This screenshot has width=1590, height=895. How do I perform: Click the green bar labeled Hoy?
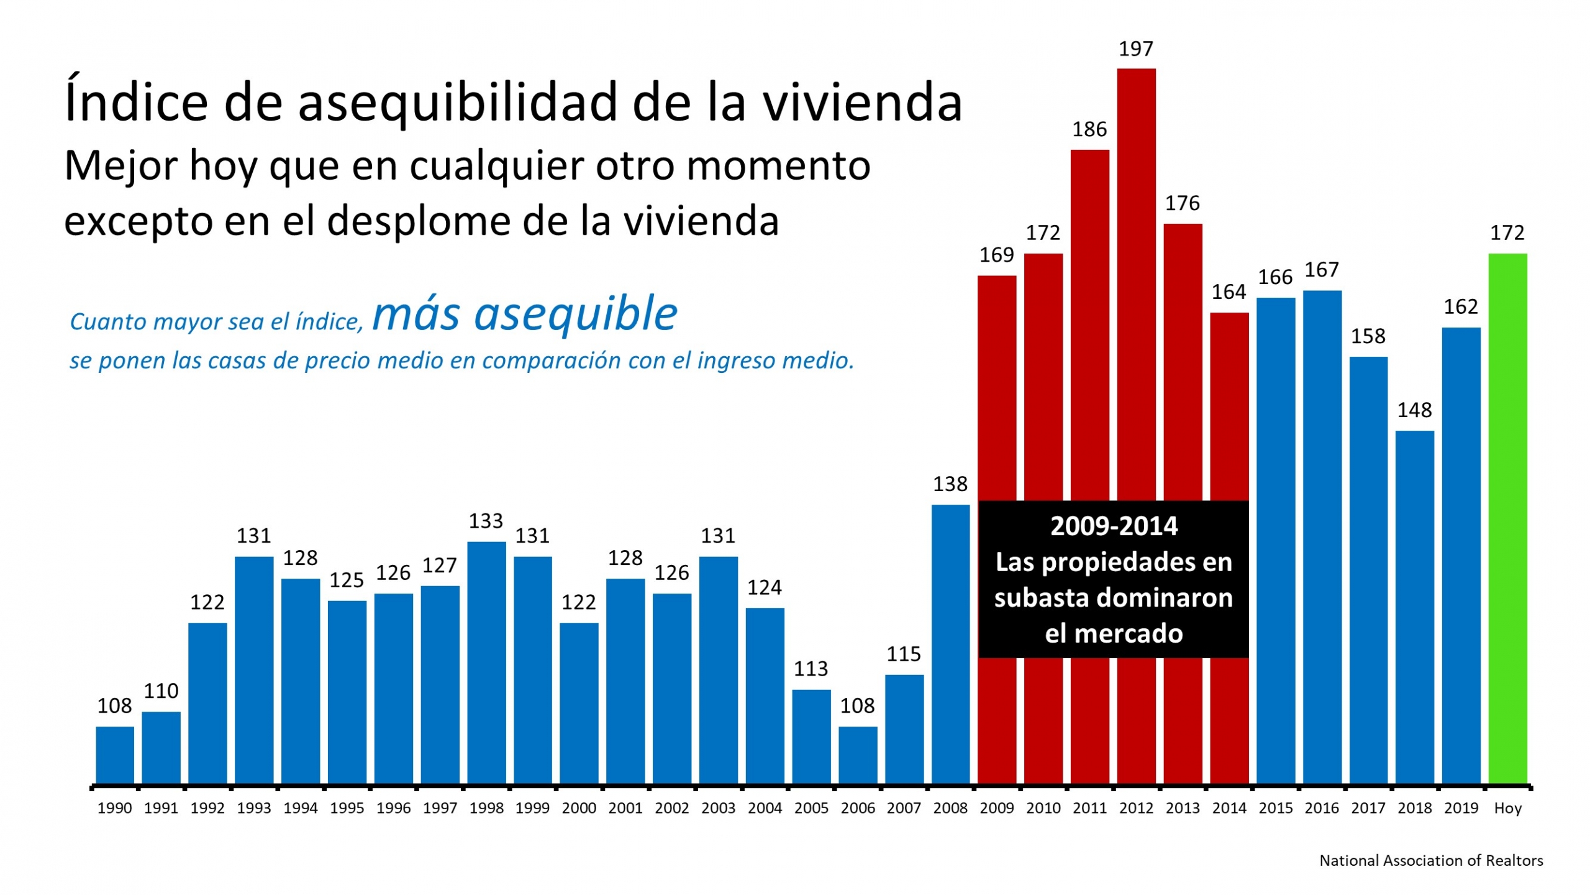tap(1507, 518)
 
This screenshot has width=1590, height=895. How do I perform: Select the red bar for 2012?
tap(1136, 280)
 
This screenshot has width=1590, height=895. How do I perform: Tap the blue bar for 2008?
tap(950, 643)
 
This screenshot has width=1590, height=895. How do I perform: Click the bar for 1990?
tap(115, 755)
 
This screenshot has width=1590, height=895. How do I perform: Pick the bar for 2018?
tap(1414, 607)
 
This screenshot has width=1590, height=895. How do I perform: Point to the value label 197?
tap(1135, 48)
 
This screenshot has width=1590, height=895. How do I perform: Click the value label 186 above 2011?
tap(1089, 129)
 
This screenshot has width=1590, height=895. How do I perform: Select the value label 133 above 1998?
tap(486, 521)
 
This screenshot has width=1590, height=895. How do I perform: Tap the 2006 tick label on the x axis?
tap(858, 808)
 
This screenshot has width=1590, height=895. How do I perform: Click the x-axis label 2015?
tap(1275, 808)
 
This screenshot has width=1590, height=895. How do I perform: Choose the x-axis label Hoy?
tap(1507, 808)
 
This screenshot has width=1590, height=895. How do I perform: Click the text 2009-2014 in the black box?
tap(1114, 526)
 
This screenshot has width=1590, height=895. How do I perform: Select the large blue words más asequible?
tap(525, 314)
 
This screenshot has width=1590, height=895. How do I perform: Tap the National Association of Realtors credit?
tap(1431, 860)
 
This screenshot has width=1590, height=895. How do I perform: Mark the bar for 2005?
tap(811, 737)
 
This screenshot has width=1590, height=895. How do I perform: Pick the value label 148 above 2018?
tap(1414, 410)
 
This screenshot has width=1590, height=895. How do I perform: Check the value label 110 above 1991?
tap(161, 691)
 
